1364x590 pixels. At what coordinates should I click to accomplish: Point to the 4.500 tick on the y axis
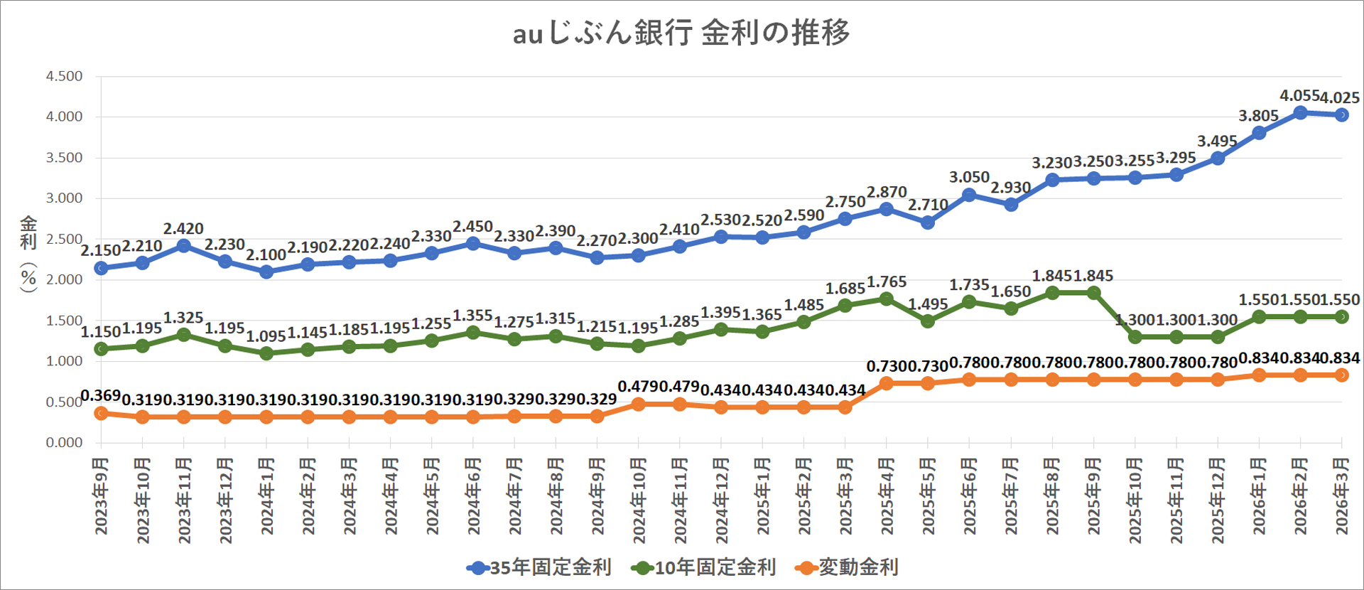pos(64,76)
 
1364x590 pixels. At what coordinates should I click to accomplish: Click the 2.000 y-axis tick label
pos(64,279)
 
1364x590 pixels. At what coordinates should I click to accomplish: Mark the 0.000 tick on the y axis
pos(64,442)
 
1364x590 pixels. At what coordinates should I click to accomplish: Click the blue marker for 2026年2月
pos(1300,112)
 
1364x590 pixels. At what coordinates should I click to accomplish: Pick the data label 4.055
pos(1299,95)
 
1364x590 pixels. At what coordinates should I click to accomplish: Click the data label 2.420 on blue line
pos(183,229)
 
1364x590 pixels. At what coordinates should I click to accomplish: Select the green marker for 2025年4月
pos(886,299)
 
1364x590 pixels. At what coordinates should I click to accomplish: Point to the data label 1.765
pos(887,281)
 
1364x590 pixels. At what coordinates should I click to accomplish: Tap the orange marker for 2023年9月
pos(101,412)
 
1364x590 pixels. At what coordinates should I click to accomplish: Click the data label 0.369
pos(100,395)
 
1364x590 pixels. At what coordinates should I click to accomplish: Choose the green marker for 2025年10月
pos(1135,337)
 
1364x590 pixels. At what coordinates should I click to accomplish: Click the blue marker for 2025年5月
pos(927,222)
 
